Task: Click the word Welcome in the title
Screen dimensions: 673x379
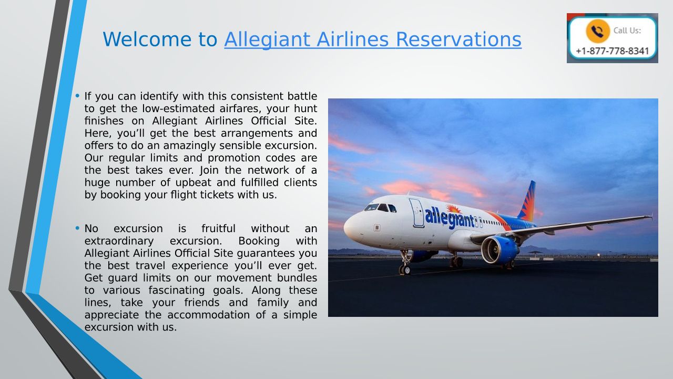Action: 147,39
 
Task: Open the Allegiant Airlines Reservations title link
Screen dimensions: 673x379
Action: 373,40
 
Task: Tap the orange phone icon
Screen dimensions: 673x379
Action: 598,31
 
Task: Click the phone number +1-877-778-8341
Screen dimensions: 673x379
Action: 613,51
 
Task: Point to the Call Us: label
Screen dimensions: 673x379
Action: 627,31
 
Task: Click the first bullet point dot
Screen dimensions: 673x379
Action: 77,96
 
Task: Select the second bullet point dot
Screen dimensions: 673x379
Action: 77,228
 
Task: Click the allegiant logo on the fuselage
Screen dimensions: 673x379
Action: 450,218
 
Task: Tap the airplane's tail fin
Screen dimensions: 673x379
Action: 527,201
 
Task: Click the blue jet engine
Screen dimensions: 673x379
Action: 500,250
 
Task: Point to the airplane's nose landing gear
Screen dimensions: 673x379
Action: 405,262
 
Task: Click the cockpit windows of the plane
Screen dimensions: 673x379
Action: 380,207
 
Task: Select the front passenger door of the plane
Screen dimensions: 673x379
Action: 417,213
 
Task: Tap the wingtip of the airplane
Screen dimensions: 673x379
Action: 650,216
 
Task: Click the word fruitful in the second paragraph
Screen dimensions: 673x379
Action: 218,228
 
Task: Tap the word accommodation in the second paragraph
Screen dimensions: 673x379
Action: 209,315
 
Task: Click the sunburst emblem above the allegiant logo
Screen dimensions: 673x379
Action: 453,208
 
